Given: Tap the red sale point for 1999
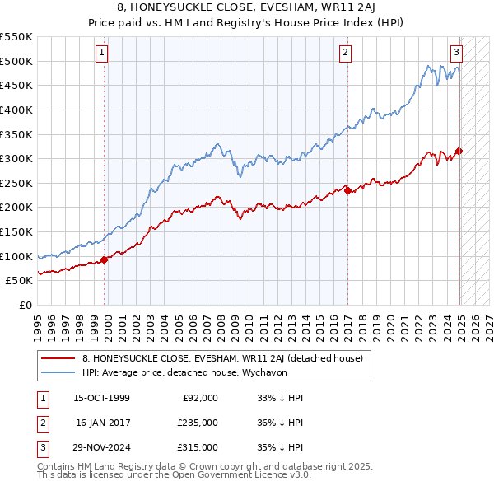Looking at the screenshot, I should tap(105, 260).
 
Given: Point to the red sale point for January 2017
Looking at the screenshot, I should tap(347, 190).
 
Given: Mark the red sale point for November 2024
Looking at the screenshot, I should tap(459, 151).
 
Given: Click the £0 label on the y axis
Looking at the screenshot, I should tap(24, 305).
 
